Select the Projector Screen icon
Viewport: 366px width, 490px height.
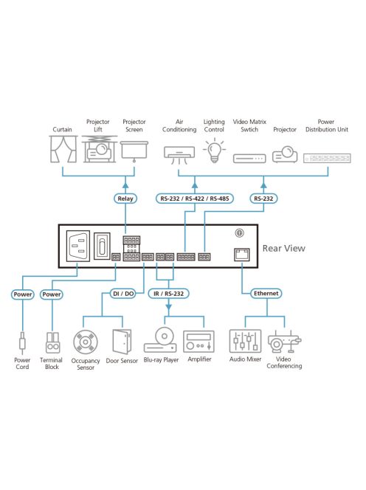click(x=134, y=152)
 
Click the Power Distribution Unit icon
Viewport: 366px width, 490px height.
click(x=325, y=157)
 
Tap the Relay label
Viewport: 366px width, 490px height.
click(x=126, y=199)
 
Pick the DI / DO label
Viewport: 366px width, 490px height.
click(x=122, y=293)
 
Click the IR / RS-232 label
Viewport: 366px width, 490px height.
click(x=170, y=293)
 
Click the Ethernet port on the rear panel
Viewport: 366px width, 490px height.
click(x=240, y=253)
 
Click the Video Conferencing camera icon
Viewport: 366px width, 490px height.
click(x=283, y=344)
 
